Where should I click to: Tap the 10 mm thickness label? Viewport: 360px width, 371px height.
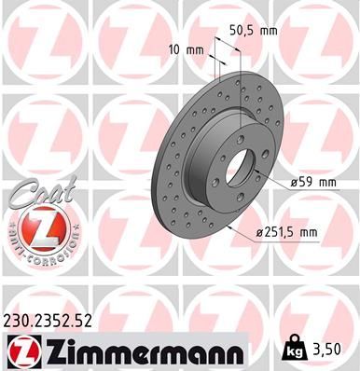[x=185, y=49]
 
